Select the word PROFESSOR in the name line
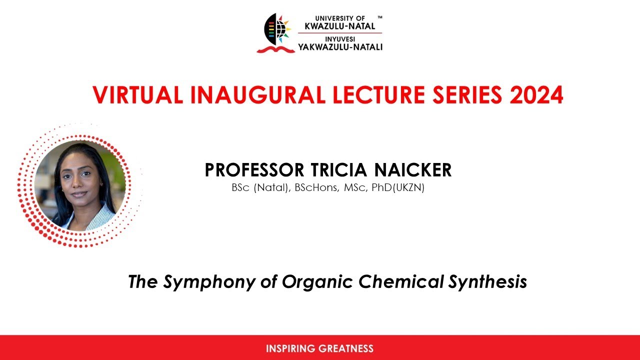pyautogui.click(x=254, y=170)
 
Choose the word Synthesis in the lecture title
pyautogui.click(x=487, y=282)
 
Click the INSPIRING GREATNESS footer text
pyautogui.click(x=319, y=348)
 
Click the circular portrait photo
pyautogui.click(x=80, y=185)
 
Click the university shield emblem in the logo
pyautogui.click(x=276, y=30)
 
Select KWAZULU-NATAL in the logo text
pyautogui.click(x=340, y=26)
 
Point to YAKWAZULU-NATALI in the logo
pyautogui.click(x=340, y=47)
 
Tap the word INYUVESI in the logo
pyautogui.click(x=340, y=38)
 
